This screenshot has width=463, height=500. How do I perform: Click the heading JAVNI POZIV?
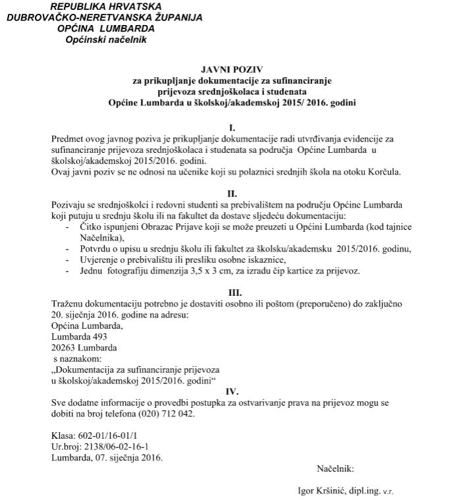point(231,69)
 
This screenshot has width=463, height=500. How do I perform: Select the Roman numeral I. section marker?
point(231,127)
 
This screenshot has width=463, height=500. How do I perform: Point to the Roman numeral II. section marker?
point(231,193)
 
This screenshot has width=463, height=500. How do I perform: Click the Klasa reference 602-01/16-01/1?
point(109,436)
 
